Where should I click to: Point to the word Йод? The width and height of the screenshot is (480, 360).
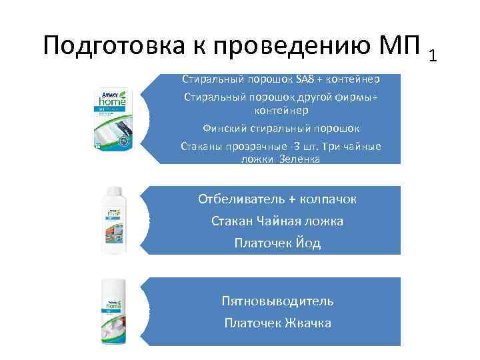(x=309, y=243)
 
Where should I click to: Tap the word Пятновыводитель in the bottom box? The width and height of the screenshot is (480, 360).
(x=277, y=301)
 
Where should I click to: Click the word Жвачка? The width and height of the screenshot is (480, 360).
(x=307, y=323)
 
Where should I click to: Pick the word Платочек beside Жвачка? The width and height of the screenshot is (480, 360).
(x=251, y=323)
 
